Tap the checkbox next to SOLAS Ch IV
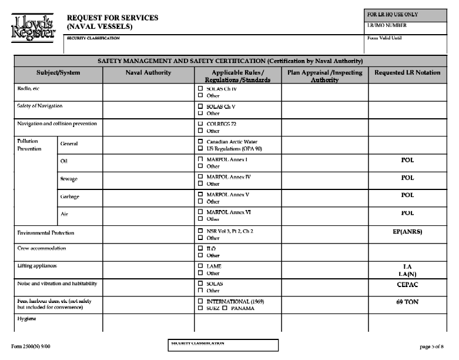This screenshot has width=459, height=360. point(200,88)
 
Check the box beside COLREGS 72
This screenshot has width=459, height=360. point(200,124)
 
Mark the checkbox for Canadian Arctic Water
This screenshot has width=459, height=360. point(200,142)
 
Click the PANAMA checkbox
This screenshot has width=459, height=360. point(225,308)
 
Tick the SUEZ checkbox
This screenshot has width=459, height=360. point(200,308)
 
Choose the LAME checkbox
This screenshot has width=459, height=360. point(200,266)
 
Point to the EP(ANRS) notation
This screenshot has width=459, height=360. point(407,232)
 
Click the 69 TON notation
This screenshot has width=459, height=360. point(407,302)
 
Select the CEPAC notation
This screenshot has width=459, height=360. point(407,284)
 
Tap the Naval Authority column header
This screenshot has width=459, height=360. point(148,72)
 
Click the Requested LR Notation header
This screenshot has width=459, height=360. point(407,72)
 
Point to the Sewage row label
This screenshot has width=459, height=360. point(69,178)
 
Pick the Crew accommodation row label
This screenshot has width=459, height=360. point(42,248)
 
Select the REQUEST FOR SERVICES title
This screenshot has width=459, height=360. point(112,18)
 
